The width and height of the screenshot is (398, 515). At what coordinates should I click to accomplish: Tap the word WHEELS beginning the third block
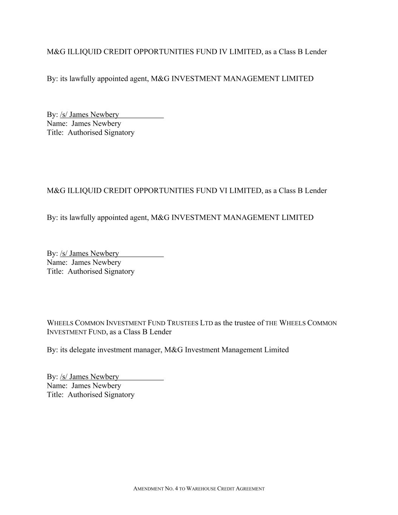pos(60,323)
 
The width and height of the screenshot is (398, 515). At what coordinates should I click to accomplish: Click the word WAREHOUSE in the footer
pos(201,489)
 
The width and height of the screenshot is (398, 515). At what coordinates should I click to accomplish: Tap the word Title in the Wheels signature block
pos(54,395)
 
